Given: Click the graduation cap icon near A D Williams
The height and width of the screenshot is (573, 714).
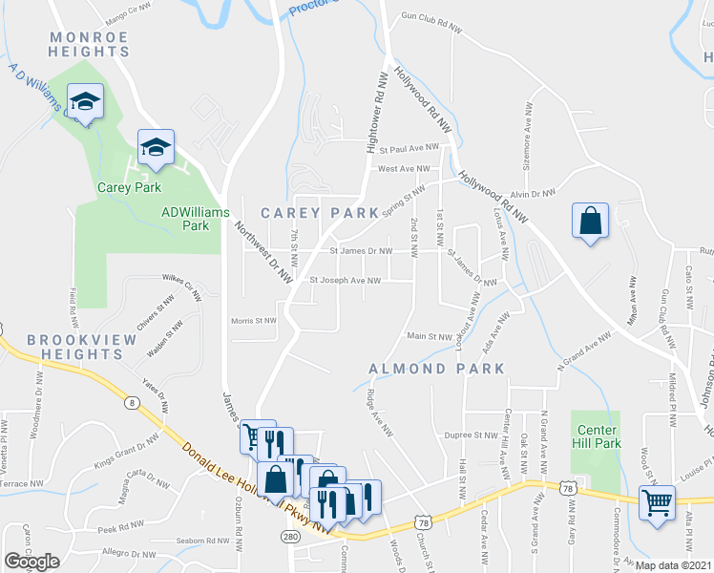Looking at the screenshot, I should tap(85, 100).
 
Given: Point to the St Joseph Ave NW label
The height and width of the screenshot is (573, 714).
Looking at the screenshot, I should tap(346, 281).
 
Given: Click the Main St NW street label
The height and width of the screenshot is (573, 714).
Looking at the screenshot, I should tap(429, 336).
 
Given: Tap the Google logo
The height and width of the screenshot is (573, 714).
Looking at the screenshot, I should tap(31, 562).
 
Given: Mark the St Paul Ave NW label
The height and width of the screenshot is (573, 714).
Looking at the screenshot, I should tap(409, 149).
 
